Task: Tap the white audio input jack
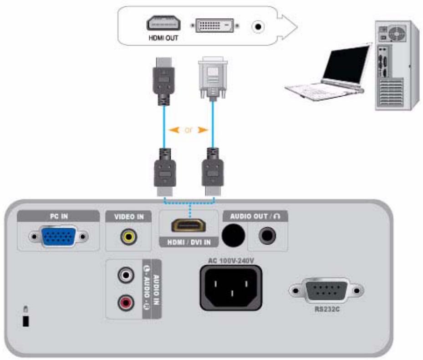(125, 275)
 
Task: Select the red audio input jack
(125, 302)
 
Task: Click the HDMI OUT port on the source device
(163, 24)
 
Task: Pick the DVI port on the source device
(214, 26)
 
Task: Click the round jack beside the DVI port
(258, 27)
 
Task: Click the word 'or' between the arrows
(189, 130)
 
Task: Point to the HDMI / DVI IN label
(188, 243)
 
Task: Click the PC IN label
(58, 216)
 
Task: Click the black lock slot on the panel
(25, 321)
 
